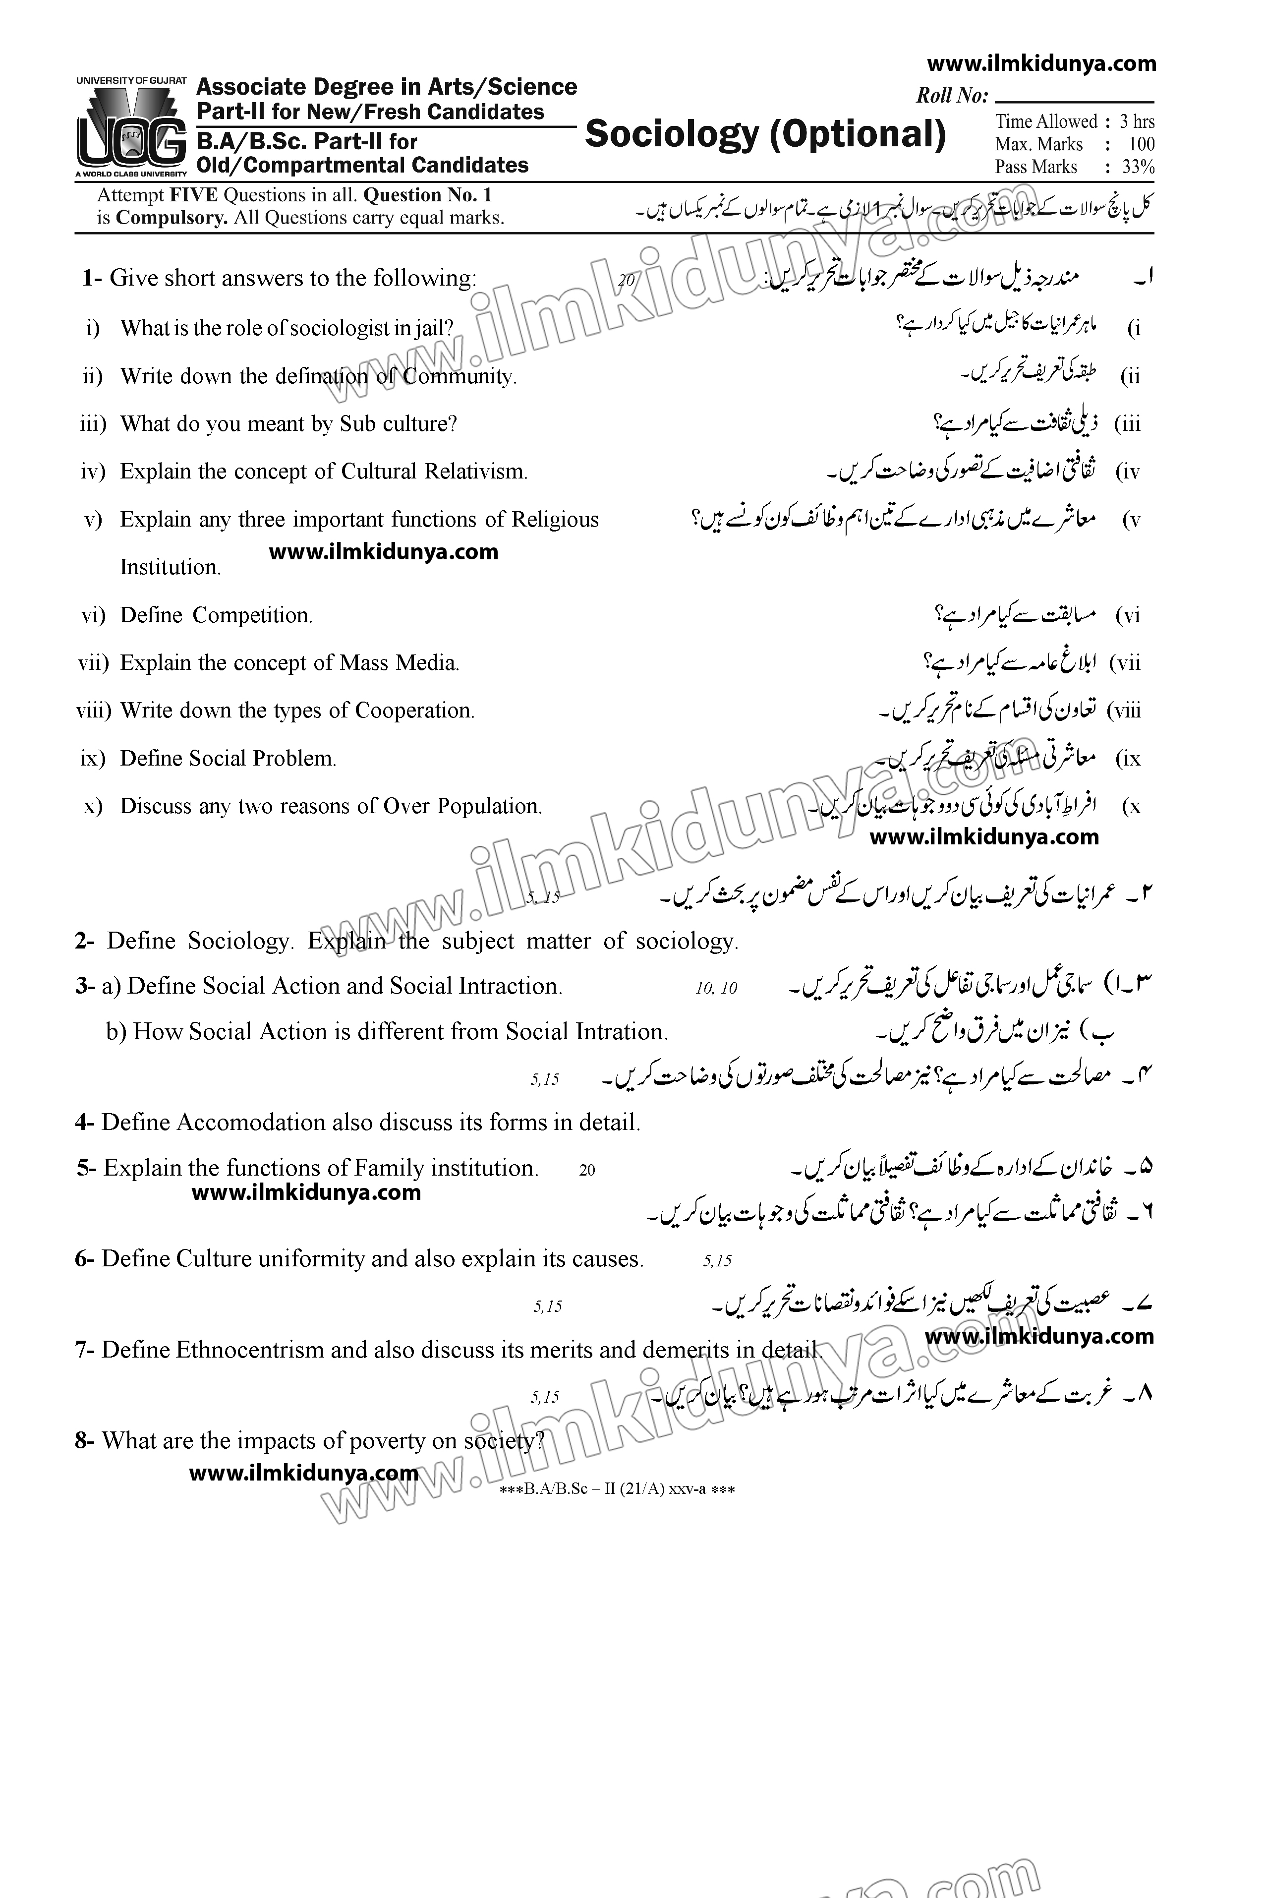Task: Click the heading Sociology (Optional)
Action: [x=765, y=134]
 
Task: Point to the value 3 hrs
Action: [x=1137, y=122]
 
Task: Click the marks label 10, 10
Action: [x=716, y=989]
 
